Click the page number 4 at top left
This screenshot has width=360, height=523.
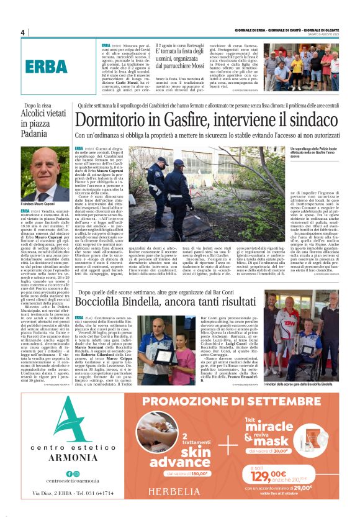[x=22, y=32]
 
